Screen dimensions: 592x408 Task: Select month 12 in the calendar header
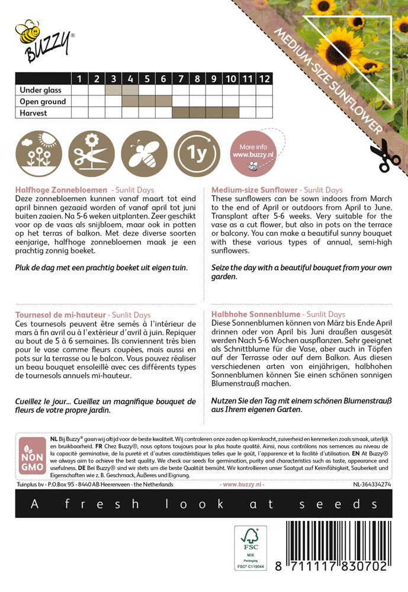click(264, 79)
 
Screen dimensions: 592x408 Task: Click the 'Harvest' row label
click(33, 112)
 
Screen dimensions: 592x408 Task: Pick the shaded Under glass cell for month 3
click(113, 90)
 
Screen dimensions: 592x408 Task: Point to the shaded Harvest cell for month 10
click(231, 112)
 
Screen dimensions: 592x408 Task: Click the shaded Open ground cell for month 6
click(163, 101)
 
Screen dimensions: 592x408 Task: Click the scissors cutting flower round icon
click(91, 154)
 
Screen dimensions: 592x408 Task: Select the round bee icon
click(144, 154)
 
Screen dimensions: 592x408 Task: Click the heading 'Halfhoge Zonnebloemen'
click(61, 190)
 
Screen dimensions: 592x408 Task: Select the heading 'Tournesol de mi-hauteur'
click(60, 315)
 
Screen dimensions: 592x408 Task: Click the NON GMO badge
click(32, 456)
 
